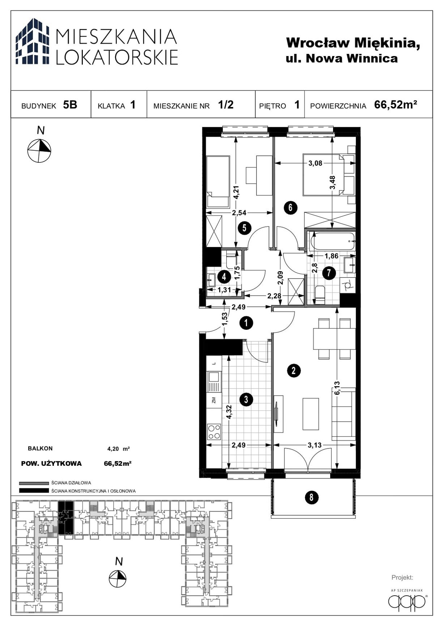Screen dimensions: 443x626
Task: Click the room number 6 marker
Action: click(290, 208)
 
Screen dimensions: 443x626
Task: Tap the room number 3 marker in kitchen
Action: click(246, 400)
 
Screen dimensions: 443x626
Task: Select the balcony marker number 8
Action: click(311, 498)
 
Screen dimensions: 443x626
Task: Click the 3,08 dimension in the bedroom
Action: click(315, 163)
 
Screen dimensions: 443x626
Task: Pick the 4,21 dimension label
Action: click(236, 192)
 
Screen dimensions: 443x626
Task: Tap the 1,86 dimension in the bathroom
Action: click(331, 256)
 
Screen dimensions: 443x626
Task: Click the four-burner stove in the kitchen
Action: click(214, 431)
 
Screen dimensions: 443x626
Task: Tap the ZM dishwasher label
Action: click(214, 400)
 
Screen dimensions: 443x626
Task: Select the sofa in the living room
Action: click(344, 414)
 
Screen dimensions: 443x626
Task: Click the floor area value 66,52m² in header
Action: click(396, 105)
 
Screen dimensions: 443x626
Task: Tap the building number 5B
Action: click(70, 105)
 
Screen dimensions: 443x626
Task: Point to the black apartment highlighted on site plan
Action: click(66, 518)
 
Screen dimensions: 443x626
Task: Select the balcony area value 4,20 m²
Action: click(118, 449)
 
